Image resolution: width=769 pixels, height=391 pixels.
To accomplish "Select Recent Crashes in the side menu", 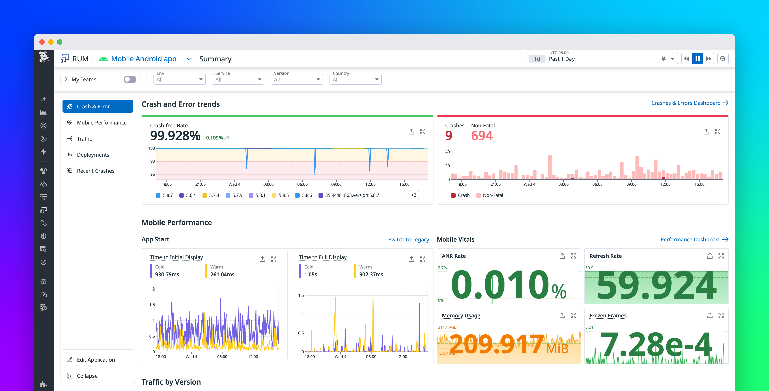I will [95, 171].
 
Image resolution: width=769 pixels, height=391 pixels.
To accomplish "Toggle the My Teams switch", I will [130, 79].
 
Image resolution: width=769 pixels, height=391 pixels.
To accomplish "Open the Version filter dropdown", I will [296, 79].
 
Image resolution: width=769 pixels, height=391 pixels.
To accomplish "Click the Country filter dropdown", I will [355, 79].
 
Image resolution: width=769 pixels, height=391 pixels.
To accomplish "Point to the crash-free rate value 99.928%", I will [175, 136].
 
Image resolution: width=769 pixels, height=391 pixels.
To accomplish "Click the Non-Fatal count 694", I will [481, 136].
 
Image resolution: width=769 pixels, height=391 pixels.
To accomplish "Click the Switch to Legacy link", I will [408, 240].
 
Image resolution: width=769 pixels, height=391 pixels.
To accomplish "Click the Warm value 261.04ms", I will [222, 275].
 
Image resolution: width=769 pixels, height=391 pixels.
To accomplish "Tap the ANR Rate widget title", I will [454, 256].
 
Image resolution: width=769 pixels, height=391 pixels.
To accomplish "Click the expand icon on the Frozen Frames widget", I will [721, 316].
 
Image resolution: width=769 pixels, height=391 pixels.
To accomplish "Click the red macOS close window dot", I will [42, 42].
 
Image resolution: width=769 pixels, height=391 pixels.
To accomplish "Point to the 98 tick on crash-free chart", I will [152, 161].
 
